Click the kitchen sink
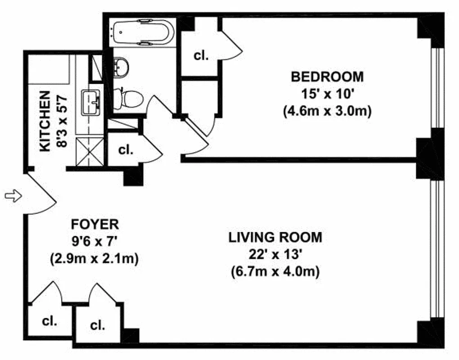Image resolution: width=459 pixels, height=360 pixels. click(92, 103)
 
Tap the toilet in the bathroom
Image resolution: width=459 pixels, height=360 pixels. click(128, 98)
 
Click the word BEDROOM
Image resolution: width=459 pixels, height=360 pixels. click(327, 76)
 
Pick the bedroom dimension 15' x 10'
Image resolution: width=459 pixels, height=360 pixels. click(327, 94)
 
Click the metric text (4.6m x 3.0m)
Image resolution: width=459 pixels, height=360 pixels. click(327, 111)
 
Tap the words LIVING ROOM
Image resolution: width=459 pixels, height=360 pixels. click(275, 237)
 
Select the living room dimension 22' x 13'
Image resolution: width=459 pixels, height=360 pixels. click(275, 254)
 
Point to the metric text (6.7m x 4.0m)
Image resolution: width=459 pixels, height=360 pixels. click(275, 271)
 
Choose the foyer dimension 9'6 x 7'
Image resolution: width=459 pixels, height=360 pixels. click(94, 241)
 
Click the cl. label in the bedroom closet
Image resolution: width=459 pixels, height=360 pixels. click(201, 56)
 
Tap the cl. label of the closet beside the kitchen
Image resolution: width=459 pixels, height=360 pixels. click(126, 150)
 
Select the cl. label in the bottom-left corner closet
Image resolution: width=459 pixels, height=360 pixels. click(49, 321)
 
